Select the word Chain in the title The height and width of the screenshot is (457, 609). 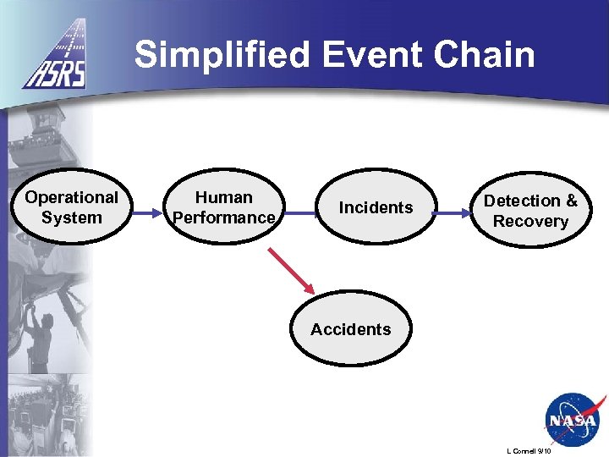click(486, 56)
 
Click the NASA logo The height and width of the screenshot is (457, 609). click(571, 418)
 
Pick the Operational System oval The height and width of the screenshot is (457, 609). click(71, 207)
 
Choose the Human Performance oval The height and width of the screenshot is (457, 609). click(223, 207)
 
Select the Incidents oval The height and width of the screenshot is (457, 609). click(376, 207)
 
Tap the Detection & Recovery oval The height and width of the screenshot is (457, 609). click(530, 211)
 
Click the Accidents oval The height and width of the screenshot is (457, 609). click(350, 329)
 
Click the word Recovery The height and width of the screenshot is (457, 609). click(530, 222)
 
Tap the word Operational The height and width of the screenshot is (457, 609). click(71, 197)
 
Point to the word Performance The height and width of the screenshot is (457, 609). click(223, 217)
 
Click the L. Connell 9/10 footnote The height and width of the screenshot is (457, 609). click(529, 451)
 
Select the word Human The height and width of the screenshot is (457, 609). click(223, 197)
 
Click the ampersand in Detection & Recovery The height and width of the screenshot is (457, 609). click(571, 201)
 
